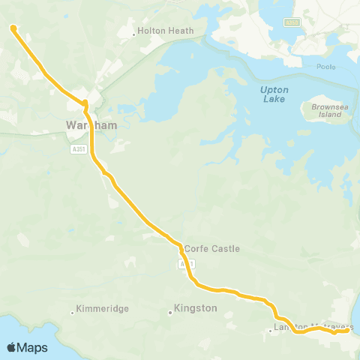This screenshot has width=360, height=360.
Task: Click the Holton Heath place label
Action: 166,31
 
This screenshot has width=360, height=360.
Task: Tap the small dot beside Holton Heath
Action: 134,33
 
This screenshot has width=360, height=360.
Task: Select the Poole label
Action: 327,66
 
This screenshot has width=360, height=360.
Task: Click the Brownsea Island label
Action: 326,111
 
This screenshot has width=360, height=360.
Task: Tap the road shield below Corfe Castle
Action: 187,265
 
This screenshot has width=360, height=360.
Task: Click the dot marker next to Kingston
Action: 170,313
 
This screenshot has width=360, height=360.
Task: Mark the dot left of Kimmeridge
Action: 72,312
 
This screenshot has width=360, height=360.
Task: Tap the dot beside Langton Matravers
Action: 271,330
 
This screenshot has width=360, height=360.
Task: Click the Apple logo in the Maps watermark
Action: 12,347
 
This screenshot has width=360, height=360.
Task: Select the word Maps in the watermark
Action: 33,347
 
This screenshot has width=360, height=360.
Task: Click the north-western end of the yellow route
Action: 13,28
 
